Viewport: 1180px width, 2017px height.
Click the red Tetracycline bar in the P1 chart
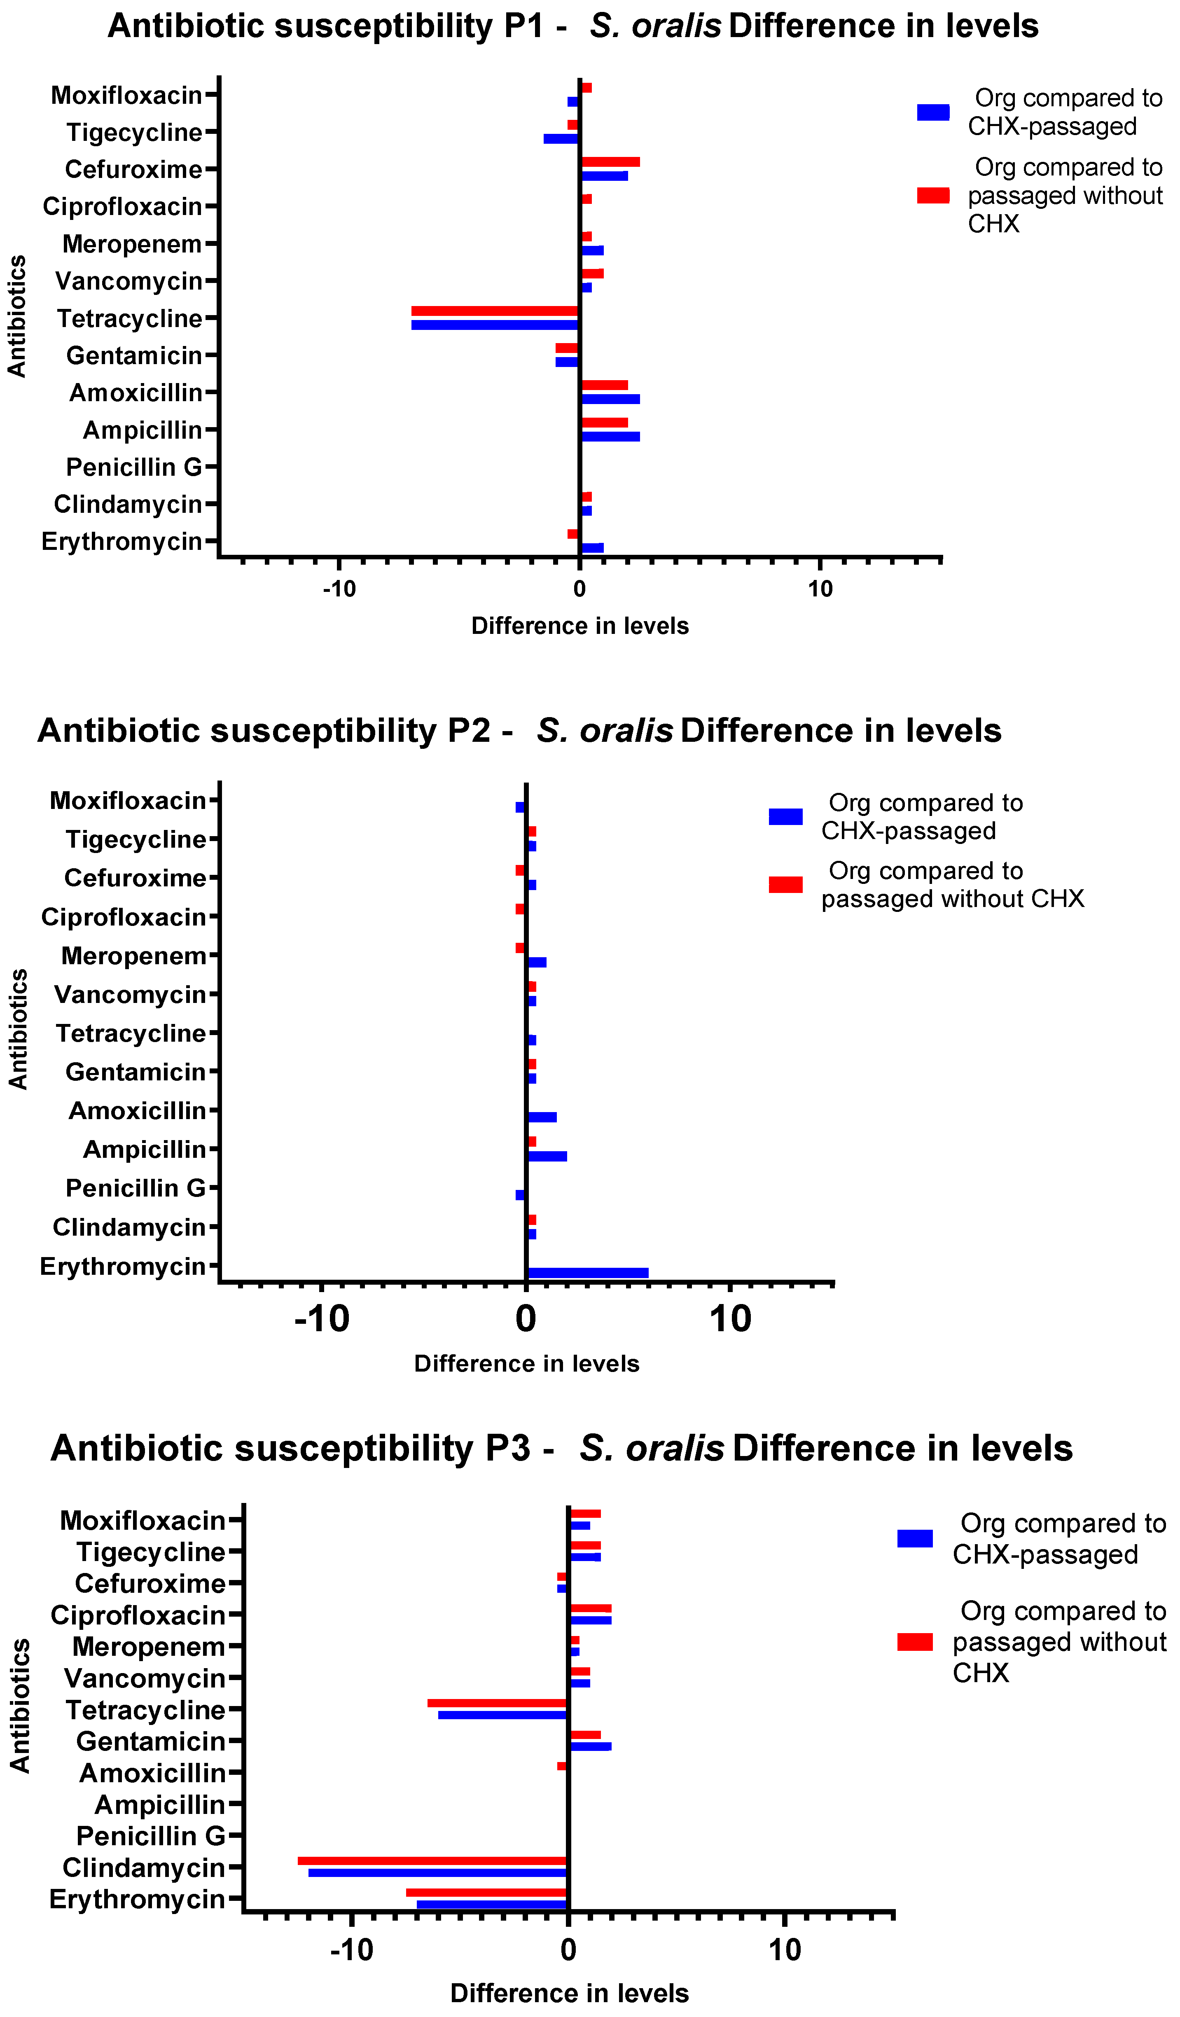click(495, 311)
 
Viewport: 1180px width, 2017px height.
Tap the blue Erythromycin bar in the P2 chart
click(588, 1273)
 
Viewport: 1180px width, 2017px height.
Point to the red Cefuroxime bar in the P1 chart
click(610, 162)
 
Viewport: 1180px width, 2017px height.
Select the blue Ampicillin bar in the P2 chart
click(547, 1156)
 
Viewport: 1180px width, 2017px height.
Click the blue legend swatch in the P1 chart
click(932, 112)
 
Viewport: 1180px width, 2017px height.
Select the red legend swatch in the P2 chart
click(785, 884)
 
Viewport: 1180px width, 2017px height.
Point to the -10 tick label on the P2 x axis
click(322, 1318)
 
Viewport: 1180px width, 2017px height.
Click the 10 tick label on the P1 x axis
click(820, 589)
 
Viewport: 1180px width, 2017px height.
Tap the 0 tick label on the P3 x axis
click(568, 1950)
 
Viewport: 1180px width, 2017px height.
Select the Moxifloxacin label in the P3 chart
click(143, 1520)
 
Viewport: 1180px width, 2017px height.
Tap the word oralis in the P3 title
click(651, 1448)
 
